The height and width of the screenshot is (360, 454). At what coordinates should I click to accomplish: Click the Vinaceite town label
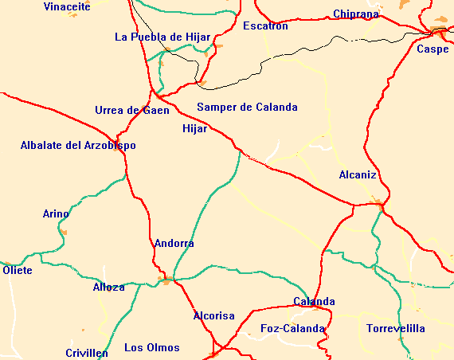(x=67, y=6)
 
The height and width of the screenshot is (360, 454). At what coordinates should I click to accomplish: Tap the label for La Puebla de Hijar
(x=162, y=37)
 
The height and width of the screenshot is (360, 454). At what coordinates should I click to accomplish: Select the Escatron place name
(x=265, y=26)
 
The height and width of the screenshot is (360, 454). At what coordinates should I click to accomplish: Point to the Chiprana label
(x=356, y=14)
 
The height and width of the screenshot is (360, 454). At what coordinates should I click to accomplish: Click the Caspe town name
(x=432, y=49)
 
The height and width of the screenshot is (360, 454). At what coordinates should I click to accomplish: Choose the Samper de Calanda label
(x=247, y=107)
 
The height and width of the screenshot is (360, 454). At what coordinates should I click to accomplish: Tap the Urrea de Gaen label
(x=131, y=110)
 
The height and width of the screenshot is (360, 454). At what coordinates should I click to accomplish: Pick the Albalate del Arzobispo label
(x=78, y=145)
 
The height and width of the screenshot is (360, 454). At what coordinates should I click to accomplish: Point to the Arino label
(x=56, y=213)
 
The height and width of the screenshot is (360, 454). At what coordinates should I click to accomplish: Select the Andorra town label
(x=174, y=243)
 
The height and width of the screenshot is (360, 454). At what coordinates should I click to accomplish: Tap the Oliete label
(x=18, y=270)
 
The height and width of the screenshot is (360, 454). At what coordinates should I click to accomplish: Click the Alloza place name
(x=109, y=287)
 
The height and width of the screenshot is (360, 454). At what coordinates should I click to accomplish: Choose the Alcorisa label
(x=214, y=315)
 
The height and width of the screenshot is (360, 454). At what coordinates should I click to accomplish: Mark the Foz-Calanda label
(x=293, y=328)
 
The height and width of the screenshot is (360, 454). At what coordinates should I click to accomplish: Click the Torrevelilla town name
(x=396, y=328)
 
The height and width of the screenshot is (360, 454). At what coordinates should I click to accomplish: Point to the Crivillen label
(x=87, y=353)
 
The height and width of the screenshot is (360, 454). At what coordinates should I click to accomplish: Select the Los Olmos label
(x=152, y=347)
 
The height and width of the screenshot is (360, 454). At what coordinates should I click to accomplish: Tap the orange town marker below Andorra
(x=166, y=280)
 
